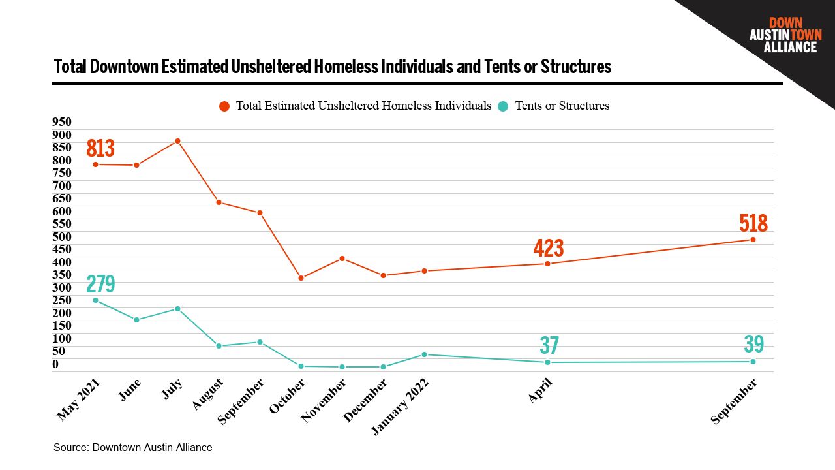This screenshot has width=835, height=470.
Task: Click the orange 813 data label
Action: coord(100,149)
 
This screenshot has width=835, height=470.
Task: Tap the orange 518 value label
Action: coord(753,224)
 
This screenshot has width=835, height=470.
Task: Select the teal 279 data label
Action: coord(100,285)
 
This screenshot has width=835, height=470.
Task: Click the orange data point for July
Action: coord(177,141)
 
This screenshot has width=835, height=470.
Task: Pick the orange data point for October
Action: coord(301,278)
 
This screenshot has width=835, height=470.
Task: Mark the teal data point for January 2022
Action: coord(424,354)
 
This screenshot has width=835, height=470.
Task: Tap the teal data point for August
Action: coord(219,346)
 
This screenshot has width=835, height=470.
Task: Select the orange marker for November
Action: coord(342,258)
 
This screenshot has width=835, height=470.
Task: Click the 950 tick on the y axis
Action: coord(62,122)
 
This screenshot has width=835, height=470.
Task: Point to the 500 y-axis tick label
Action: coord(62,236)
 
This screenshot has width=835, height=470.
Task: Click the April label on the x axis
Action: coord(541,391)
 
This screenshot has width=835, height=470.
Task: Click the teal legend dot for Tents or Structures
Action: coord(503,106)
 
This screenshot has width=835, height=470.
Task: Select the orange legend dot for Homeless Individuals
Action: coord(224,106)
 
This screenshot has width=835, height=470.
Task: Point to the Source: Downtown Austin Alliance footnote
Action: coord(133,448)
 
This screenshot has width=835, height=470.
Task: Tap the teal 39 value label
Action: coord(753,345)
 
